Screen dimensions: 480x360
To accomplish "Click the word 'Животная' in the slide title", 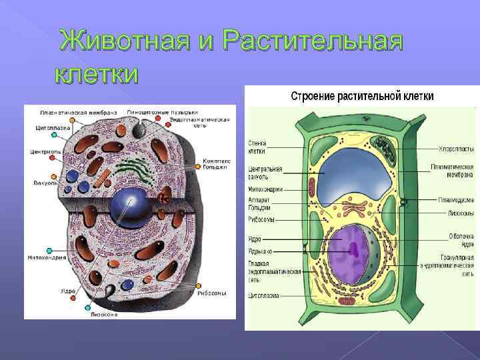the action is tap(126, 41).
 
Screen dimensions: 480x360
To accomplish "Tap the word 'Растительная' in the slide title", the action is tap(313, 41).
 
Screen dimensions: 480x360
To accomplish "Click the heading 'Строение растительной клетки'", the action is tap(362, 96).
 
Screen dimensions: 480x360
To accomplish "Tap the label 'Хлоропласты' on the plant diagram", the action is tap(456, 148).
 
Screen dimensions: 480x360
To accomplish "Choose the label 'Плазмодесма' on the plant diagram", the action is tap(456, 199).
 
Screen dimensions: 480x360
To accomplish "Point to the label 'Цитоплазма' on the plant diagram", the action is tap(263, 295).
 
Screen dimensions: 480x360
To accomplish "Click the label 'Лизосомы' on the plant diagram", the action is tap(460, 213).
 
